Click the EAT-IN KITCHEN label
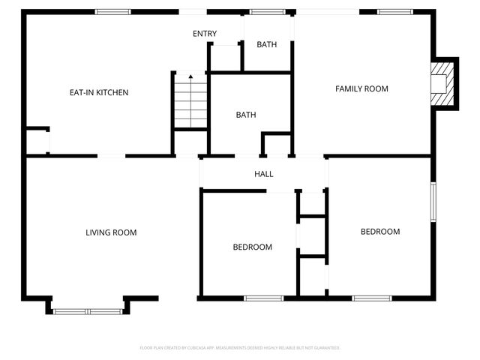99,93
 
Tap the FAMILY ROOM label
361,88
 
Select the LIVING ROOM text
111,232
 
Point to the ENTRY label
205,34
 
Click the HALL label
264,174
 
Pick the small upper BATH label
267,45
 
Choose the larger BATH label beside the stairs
246,115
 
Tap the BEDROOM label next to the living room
252,247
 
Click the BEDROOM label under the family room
380,232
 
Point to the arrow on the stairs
190,76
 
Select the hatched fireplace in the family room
442,83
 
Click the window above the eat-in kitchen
112,12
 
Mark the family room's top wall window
394,12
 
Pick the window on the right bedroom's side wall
433,201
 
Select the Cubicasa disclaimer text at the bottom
240,348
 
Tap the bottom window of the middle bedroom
264,298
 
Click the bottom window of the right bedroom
372,298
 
